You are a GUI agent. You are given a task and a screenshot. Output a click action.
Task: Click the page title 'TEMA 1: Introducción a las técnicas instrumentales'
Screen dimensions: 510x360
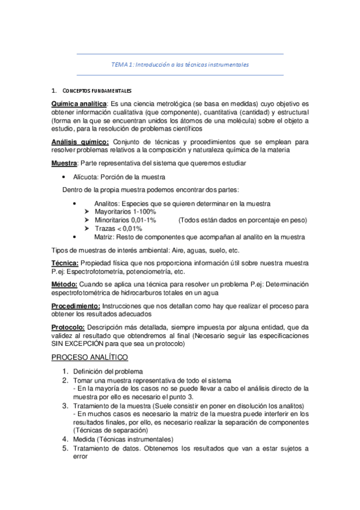[x=180, y=64]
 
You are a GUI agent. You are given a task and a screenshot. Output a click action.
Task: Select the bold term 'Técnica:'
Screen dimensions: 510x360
[x=65, y=264]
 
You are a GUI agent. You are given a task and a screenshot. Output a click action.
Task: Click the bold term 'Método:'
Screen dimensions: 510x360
[x=64, y=285]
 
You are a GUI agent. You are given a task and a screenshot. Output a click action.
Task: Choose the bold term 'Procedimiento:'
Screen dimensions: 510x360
[x=75, y=307]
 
